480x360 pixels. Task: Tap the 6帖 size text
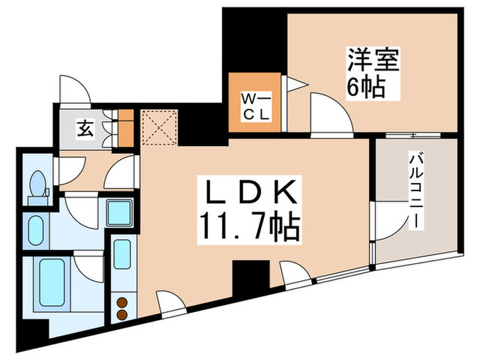point(364,87)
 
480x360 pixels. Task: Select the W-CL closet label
point(256,106)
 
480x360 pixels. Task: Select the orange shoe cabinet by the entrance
point(125,128)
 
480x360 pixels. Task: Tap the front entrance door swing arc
point(73,90)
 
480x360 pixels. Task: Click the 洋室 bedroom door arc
point(328,113)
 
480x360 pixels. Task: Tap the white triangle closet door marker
point(293,85)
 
